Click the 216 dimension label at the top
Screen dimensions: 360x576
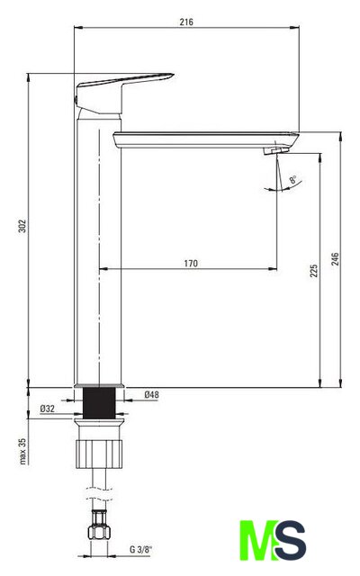click(186, 22)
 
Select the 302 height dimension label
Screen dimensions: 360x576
click(22, 226)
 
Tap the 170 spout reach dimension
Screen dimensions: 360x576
click(191, 264)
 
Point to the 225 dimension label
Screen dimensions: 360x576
click(313, 270)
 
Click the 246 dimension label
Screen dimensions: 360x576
click(335, 259)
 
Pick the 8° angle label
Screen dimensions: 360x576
click(293, 179)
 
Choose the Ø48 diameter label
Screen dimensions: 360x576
click(152, 394)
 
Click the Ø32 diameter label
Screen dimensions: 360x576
click(48, 409)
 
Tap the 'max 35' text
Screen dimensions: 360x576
click(22, 451)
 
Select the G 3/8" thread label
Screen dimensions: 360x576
click(140, 550)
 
